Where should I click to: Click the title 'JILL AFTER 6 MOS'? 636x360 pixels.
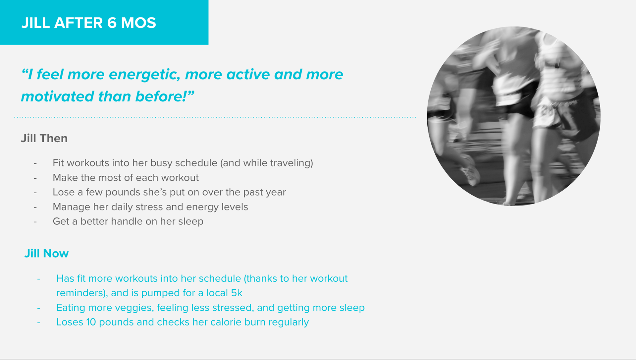(88, 23)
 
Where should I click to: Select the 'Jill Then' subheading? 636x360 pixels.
(44, 138)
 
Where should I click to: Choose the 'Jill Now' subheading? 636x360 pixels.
(46, 254)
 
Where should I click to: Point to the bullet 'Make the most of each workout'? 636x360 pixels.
(126, 178)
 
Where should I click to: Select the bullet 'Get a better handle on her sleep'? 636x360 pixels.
(128, 221)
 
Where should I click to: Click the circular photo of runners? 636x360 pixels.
(514, 116)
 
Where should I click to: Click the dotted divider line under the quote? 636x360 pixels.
(215, 117)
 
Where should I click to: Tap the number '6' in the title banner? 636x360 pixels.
(112, 23)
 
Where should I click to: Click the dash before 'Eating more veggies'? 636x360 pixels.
(39, 308)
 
